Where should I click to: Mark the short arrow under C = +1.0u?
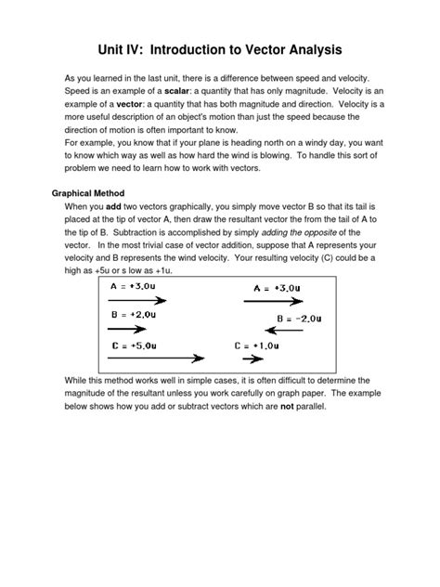250,358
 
